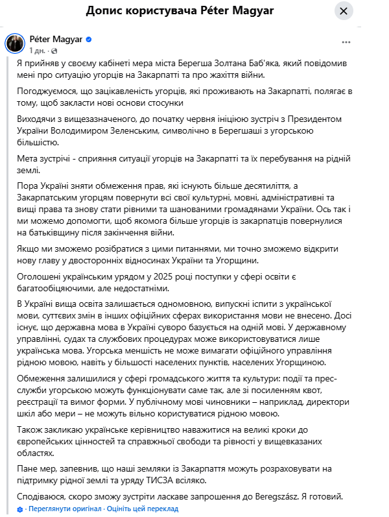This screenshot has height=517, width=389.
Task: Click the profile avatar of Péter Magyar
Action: pyautogui.click(x=16, y=43)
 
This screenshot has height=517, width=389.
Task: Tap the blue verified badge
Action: pyautogui.click(x=89, y=40)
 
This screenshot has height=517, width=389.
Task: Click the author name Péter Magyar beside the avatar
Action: pyautogui.click(x=56, y=40)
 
